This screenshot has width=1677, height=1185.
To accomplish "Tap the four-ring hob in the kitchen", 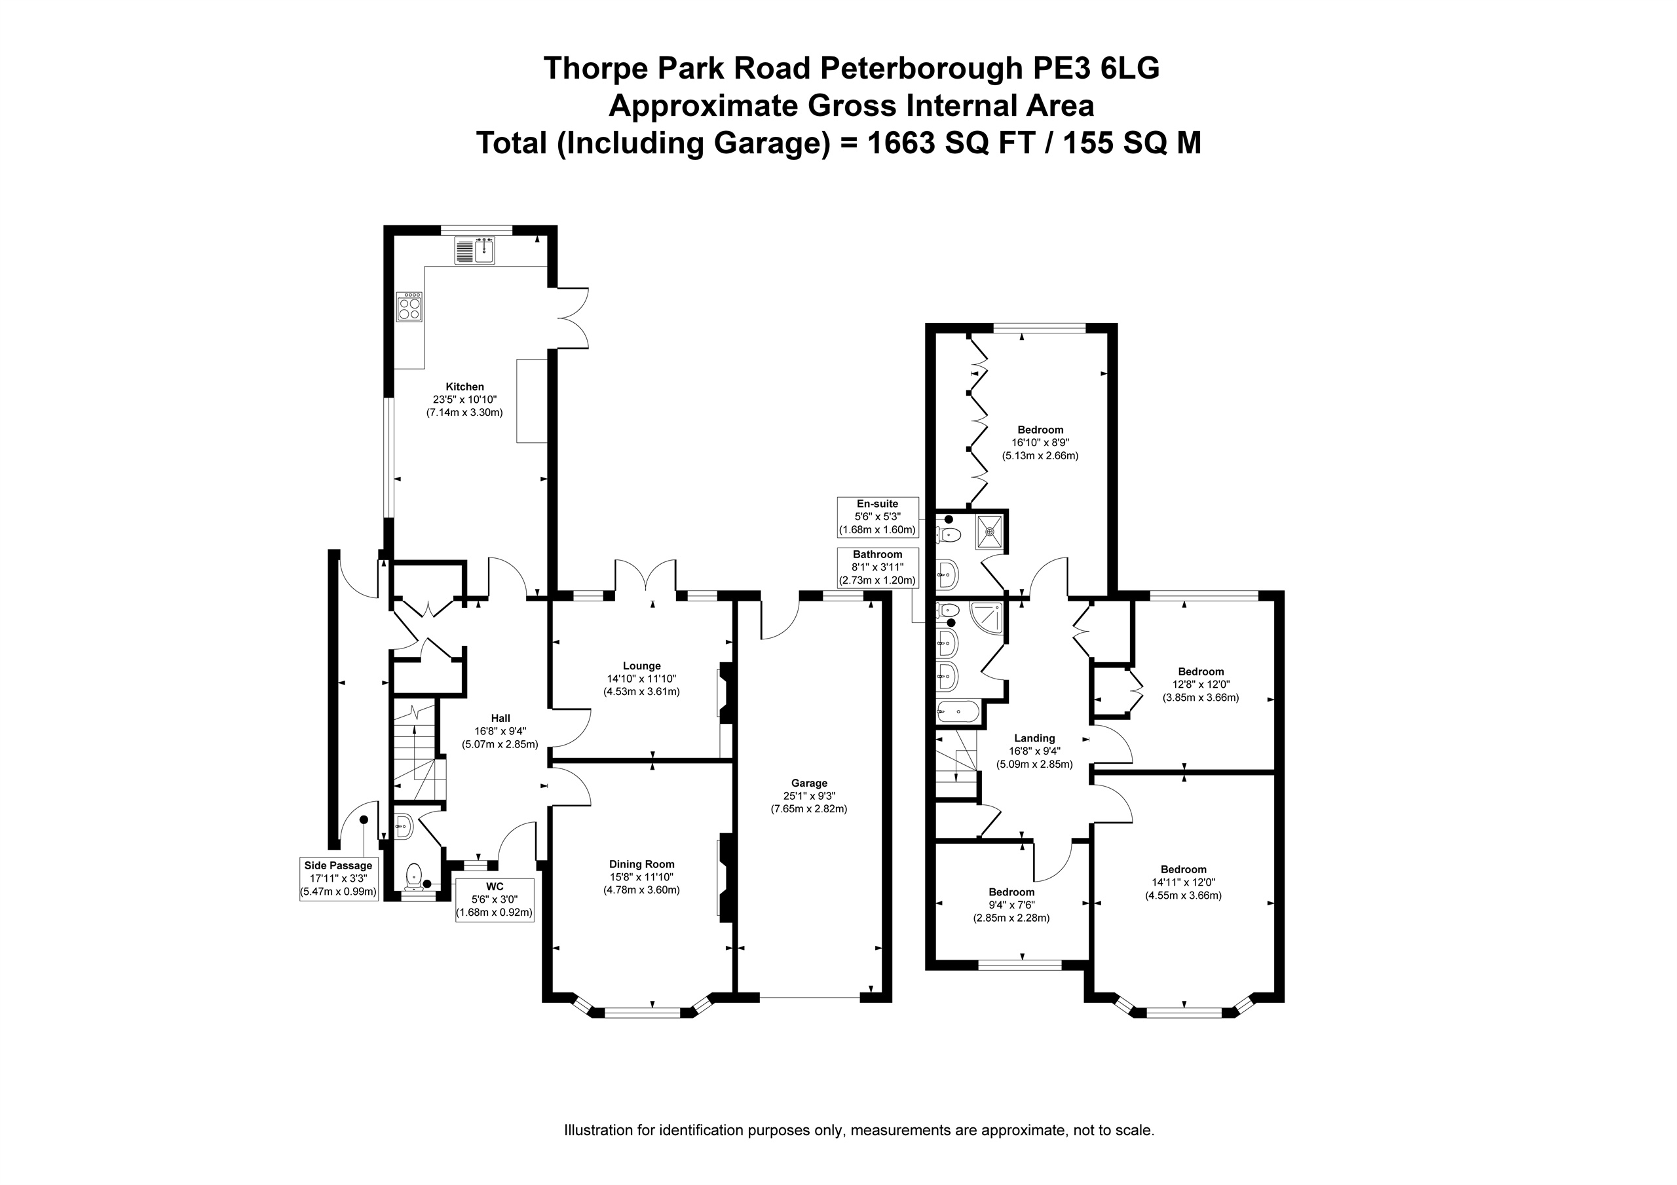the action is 409,307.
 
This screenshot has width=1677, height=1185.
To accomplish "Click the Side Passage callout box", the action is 339,879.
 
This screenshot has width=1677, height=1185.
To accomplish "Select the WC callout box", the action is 495,900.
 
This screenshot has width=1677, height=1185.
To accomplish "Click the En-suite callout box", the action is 877,517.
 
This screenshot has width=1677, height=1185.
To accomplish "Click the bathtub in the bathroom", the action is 957,711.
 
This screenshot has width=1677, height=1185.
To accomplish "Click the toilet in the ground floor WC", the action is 415,876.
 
